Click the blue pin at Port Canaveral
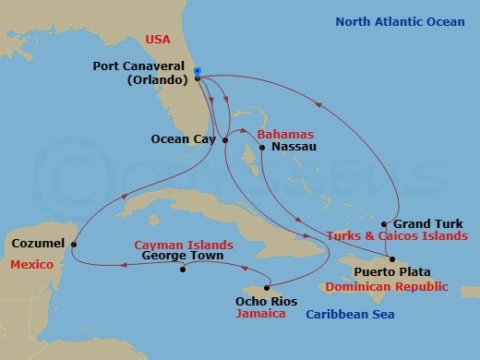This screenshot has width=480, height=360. click(x=198, y=71)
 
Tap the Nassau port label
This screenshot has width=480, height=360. click(x=295, y=147)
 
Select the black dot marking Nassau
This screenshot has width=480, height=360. click(x=263, y=147)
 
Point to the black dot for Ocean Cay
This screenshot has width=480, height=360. click(x=226, y=140)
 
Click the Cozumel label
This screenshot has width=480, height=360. click(x=38, y=244)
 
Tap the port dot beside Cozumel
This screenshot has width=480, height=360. click(x=75, y=244)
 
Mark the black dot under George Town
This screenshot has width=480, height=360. click(x=184, y=270)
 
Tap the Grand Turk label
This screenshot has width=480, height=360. click(x=426, y=224)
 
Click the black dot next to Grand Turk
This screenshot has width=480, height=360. click(x=384, y=224)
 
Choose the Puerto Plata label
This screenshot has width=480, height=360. click(x=383, y=272)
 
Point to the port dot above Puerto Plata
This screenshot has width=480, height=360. click(x=391, y=258)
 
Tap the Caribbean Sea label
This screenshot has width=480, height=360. click(x=350, y=316)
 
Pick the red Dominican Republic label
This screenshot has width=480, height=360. click(x=393, y=286)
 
